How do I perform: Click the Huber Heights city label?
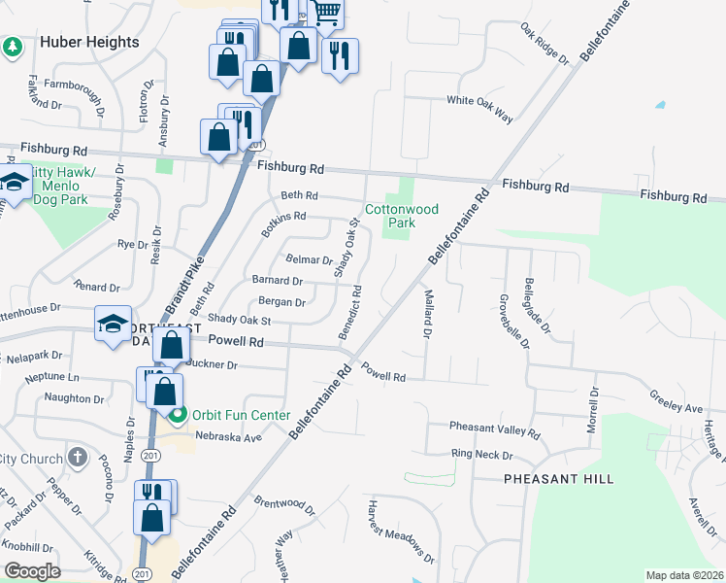point(89,42)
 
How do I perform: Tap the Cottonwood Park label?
point(402,216)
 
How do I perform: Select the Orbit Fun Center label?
point(242,415)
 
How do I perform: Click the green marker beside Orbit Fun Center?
point(178,417)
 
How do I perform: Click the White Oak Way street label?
point(478,107)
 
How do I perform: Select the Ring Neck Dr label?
point(480,454)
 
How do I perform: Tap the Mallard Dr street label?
point(426,313)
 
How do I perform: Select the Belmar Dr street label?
point(310,259)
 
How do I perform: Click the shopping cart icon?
point(327,12)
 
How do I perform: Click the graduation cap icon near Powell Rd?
point(112,324)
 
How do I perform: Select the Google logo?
point(32,571)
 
